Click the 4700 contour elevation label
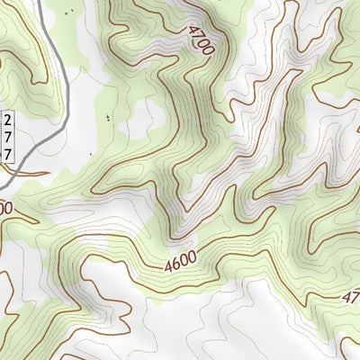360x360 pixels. click(201, 40)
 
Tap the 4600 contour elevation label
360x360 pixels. click(181, 263)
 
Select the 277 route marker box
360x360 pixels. click(9, 137)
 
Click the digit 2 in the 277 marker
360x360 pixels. click(9, 121)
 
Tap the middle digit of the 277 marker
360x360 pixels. click(9, 137)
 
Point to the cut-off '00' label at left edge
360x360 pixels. click(5, 207)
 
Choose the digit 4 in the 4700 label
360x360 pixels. click(193, 27)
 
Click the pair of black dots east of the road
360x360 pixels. click(109, 117)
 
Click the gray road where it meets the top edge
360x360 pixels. click(40, 2)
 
